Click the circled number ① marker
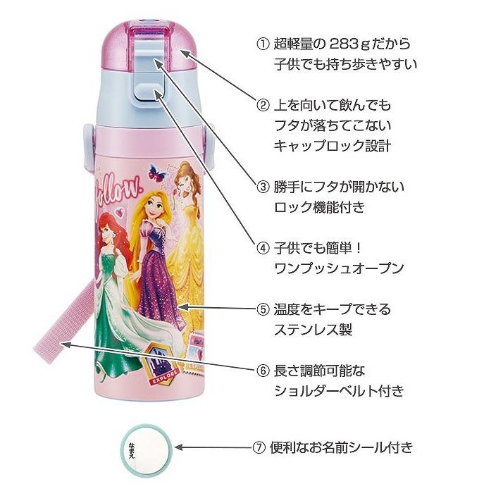point(262,44)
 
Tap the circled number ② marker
point(262,106)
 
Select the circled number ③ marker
point(262,187)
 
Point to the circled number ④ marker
point(262,248)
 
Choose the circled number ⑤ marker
point(262,309)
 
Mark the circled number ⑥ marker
point(262,370)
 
